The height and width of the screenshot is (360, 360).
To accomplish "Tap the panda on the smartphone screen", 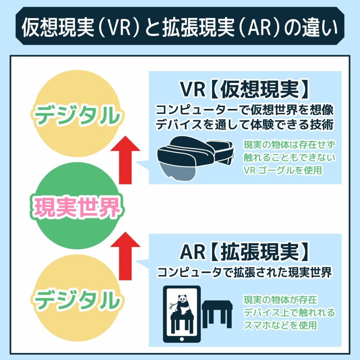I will coord(182,306).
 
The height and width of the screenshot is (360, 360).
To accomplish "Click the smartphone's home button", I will coord(182,338).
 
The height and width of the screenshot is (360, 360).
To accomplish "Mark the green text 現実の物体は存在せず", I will coord(288,145).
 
